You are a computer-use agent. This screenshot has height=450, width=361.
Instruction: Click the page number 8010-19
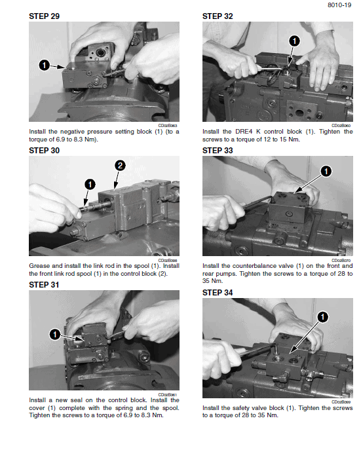[x=339, y=6]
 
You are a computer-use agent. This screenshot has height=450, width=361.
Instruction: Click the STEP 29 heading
[x=45, y=16]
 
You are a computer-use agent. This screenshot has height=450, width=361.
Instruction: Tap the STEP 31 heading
[x=45, y=285]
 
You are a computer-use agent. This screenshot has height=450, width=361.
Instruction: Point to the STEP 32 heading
[x=218, y=16]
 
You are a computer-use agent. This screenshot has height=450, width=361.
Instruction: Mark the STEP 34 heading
[x=218, y=292]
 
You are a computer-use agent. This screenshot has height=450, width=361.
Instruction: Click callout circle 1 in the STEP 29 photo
[x=44, y=65]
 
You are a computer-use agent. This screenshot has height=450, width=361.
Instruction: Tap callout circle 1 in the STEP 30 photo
[x=89, y=184]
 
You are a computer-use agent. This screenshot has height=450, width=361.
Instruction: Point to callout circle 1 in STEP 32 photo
[x=294, y=41]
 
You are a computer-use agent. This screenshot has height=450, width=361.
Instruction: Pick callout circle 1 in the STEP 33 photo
[x=326, y=172]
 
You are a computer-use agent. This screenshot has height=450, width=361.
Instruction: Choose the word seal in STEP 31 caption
[x=72, y=400]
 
